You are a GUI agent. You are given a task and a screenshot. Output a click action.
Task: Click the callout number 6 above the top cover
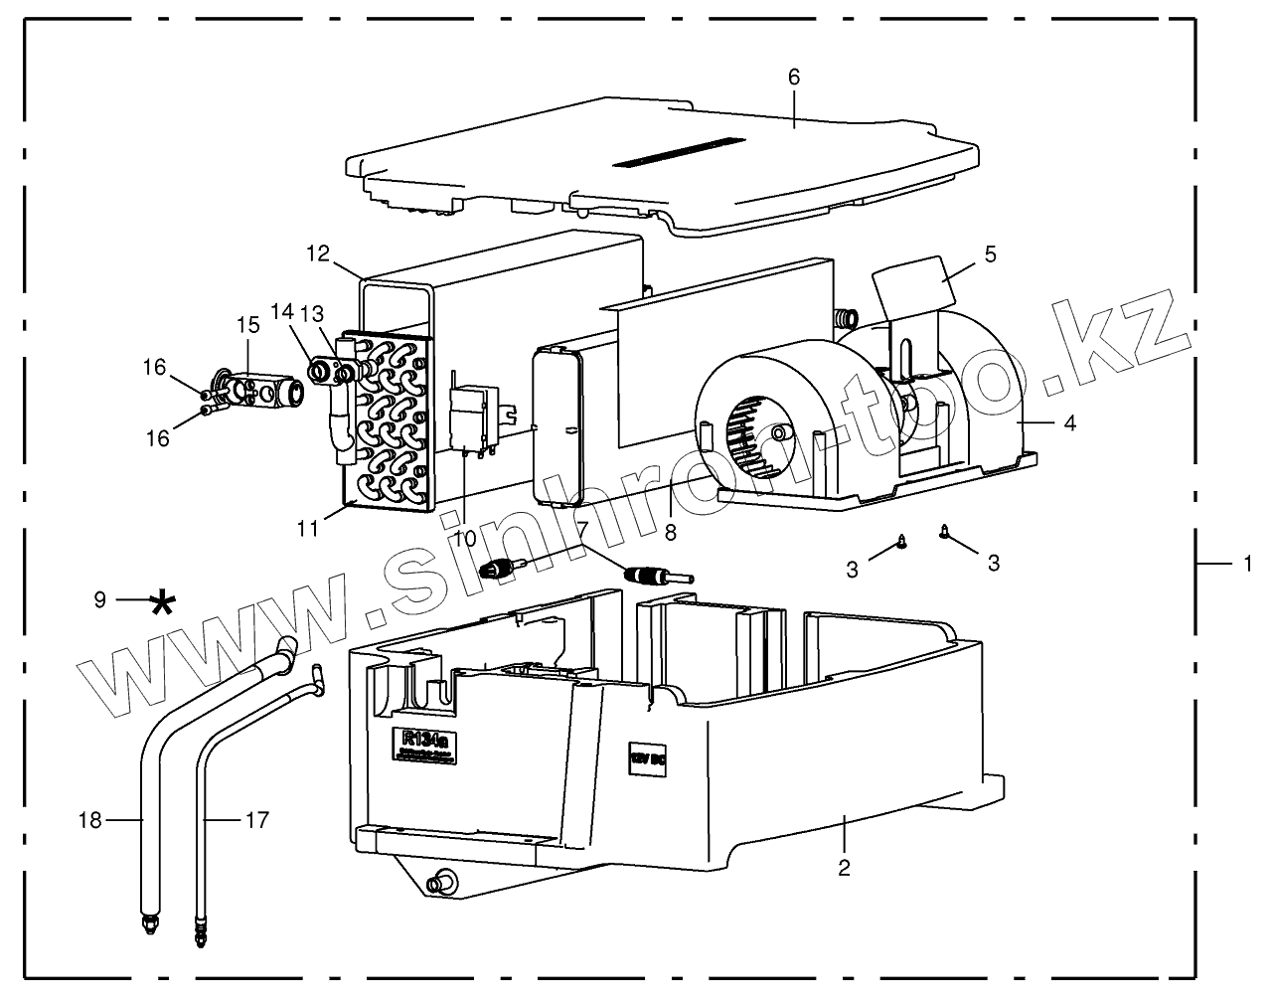pos(793,77)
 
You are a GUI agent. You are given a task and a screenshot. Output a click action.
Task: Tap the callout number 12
pos(318,253)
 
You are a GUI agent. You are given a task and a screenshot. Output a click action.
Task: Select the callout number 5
pos(990,253)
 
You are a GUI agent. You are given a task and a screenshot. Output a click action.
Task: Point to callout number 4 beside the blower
pos(1069,422)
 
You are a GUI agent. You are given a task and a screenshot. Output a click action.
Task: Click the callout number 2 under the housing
pos(844,867)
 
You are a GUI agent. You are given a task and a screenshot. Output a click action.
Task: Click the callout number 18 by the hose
pos(90,819)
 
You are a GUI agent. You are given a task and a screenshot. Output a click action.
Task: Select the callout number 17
pos(256,819)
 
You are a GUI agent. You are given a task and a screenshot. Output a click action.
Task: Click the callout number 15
pos(247,324)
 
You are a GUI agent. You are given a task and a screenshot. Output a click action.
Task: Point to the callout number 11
pos(309,527)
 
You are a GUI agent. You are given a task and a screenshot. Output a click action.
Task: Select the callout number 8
pos(671,533)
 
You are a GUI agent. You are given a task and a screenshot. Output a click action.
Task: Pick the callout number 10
pos(464,538)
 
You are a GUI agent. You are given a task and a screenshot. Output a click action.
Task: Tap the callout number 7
pos(583,528)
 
